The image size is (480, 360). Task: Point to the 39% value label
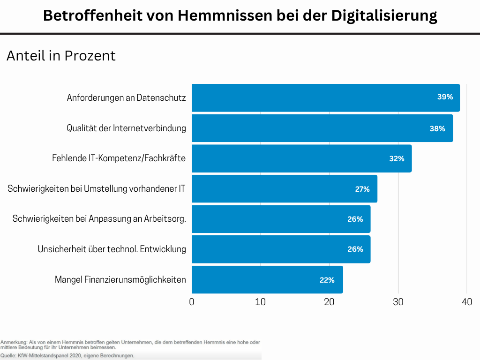(x=445, y=97)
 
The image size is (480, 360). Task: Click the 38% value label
(x=437, y=128)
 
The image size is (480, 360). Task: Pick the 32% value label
(x=397, y=159)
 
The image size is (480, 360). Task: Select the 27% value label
(x=362, y=189)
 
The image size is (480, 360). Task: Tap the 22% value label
(x=327, y=280)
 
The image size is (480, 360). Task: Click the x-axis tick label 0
(x=192, y=302)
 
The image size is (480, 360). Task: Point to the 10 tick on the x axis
(x=261, y=302)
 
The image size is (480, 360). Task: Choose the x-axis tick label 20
(x=329, y=302)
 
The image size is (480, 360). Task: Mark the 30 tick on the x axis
(x=398, y=302)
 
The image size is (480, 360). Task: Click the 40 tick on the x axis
(x=466, y=302)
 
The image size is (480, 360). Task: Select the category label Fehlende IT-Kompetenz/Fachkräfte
(x=119, y=158)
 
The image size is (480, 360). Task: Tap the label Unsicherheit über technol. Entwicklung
(x=112, y=249)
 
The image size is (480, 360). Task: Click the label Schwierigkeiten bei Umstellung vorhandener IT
(x=97, y=189)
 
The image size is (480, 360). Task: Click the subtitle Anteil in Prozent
(x=61, y=56)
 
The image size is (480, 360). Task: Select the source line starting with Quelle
(x=67, y=356)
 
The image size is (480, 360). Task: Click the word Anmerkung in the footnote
(x=14, y=343)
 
